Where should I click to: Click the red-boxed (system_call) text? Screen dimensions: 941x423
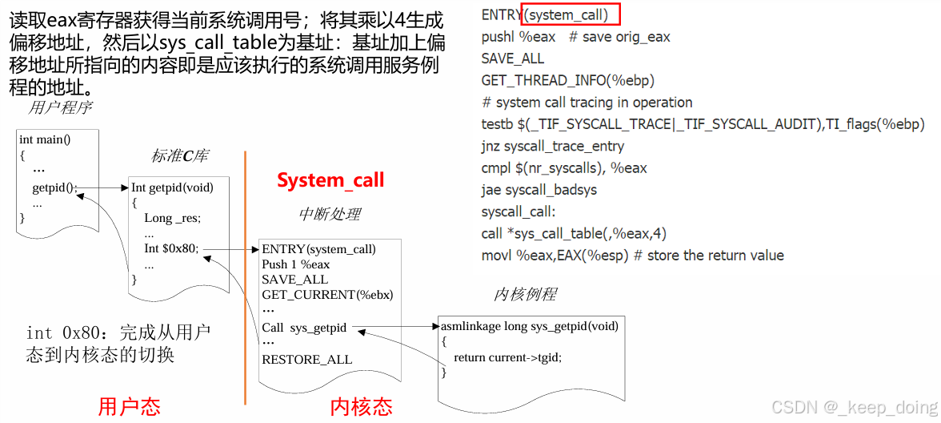click(571, 14)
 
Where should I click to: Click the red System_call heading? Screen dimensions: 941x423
click(330, 180)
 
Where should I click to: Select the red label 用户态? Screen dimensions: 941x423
click(129, 406)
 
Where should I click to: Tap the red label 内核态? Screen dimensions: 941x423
click(361, 406)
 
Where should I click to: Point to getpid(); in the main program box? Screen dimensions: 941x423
click(54, 188)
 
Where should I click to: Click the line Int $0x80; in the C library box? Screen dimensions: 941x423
click(171, 248)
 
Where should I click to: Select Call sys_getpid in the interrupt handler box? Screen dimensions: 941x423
click(304, 328)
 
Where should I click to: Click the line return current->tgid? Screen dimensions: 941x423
click(507, 357)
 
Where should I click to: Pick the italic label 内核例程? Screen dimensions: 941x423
click(525, 294)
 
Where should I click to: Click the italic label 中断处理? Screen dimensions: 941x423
click(330, 214)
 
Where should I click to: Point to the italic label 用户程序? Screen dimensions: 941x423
click(60, 107)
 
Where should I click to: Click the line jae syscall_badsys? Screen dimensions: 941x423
click(539, 190)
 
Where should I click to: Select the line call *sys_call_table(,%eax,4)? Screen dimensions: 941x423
click(574, 233)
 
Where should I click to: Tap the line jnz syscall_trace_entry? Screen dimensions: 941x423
click(552, 146)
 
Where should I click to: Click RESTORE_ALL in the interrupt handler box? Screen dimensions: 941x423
click(306, 359)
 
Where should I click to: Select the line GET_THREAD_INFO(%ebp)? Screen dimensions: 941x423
click(568, 80)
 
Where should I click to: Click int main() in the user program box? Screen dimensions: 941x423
click(45, 139)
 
